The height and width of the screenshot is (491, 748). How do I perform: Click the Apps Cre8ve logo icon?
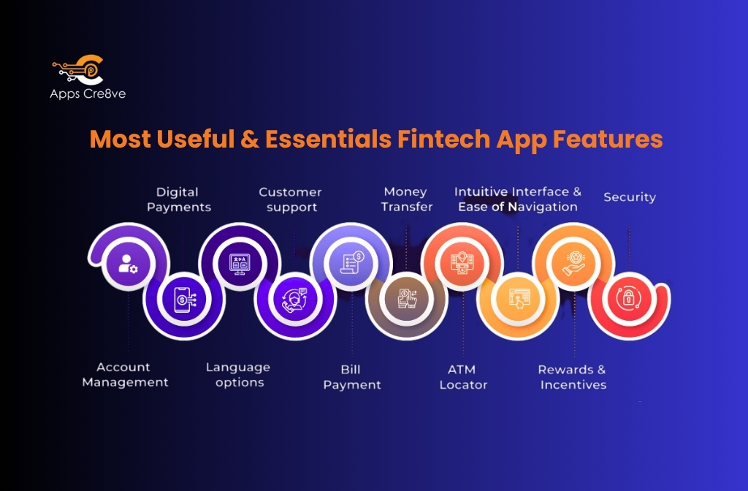[78, 71]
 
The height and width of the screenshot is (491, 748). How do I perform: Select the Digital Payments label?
[178, 199]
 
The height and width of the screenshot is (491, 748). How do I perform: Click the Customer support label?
[291, 199]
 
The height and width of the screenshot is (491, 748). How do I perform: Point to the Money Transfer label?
[407, 199]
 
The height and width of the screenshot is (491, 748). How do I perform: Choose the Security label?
[629, 197]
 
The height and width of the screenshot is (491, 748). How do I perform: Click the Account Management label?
[125, 374]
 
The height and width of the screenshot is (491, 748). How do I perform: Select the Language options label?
[238, 374]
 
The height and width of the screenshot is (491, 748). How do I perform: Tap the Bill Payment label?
[352, 377]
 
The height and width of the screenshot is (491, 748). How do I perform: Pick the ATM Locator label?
[463, 377]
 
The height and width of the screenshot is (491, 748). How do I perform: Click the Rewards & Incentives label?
[573, 377]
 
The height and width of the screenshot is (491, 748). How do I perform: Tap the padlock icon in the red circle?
[628, 297]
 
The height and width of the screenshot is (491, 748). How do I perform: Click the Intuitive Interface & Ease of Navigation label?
[518, 199]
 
